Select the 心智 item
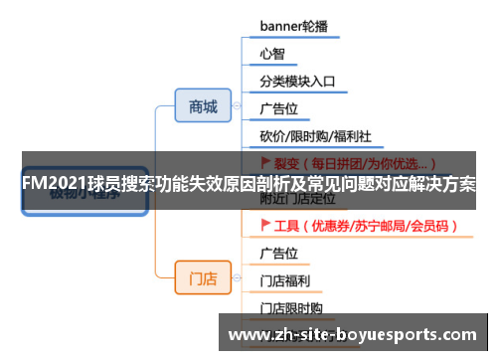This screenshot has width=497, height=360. click(272, 54)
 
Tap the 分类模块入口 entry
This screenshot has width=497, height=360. click(297, 82)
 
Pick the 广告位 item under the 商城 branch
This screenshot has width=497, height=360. click(279, 108)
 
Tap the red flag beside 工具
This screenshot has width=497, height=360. click(265, 226)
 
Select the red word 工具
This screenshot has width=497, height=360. click(286, 226)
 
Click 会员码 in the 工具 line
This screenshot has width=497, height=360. click(432, 226)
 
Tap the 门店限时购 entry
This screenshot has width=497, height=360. click(292, 308)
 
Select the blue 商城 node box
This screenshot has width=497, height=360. click(203, 107)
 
